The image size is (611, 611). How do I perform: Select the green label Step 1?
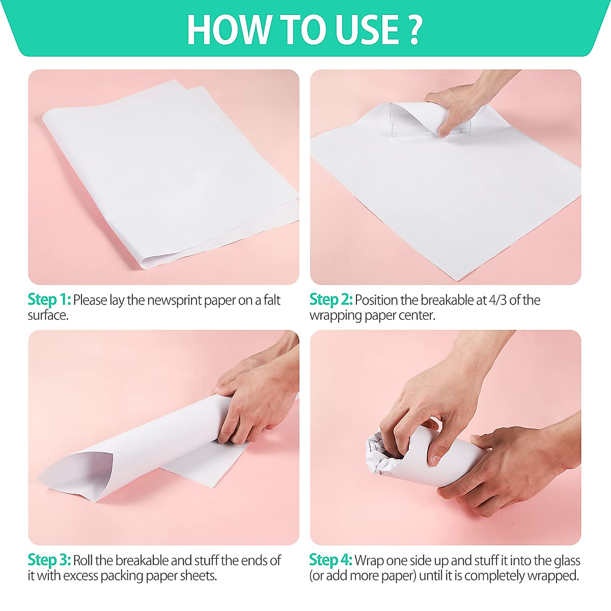point(49,300)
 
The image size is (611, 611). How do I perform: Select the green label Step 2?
point(331,300)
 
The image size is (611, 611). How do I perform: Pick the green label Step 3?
point(49,560)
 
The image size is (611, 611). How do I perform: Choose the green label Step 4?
point(331,560)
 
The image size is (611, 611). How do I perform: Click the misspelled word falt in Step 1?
point(272,300)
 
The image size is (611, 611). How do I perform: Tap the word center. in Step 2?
point(417,315)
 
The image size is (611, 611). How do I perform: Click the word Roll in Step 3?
point(83,560)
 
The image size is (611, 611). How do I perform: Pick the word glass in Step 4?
point(566,560)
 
